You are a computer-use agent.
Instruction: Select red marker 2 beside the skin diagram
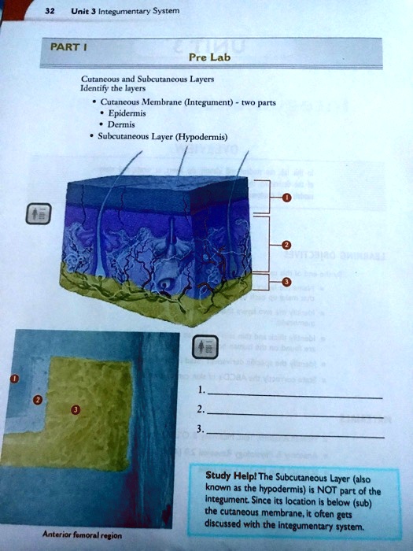point(286,245)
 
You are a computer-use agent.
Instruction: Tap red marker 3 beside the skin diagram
point(286,282)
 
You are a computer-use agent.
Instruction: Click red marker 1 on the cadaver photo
point(13,380)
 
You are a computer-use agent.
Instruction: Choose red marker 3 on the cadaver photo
point(76,410)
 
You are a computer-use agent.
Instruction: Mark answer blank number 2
point(295,412)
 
